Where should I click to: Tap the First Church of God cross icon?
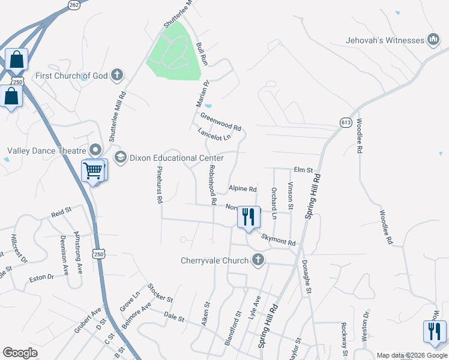pos(116,76)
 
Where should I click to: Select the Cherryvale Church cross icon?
pos(258,260)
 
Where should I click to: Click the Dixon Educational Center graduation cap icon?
pos(119,157)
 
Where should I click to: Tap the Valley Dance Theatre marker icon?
pos(95,150)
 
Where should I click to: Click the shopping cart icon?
pos(94,171)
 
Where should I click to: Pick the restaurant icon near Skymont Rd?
pos(249,216)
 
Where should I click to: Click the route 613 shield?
pos(345,121)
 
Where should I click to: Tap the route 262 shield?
pos(74,5)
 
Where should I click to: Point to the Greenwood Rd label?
pos(220,122)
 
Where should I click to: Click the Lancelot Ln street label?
pos(214,134)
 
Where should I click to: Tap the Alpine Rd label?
pos(243,189)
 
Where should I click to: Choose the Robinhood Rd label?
pos(212,187)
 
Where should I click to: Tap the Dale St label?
pos(174,316)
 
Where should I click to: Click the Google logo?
pos(20,353)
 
